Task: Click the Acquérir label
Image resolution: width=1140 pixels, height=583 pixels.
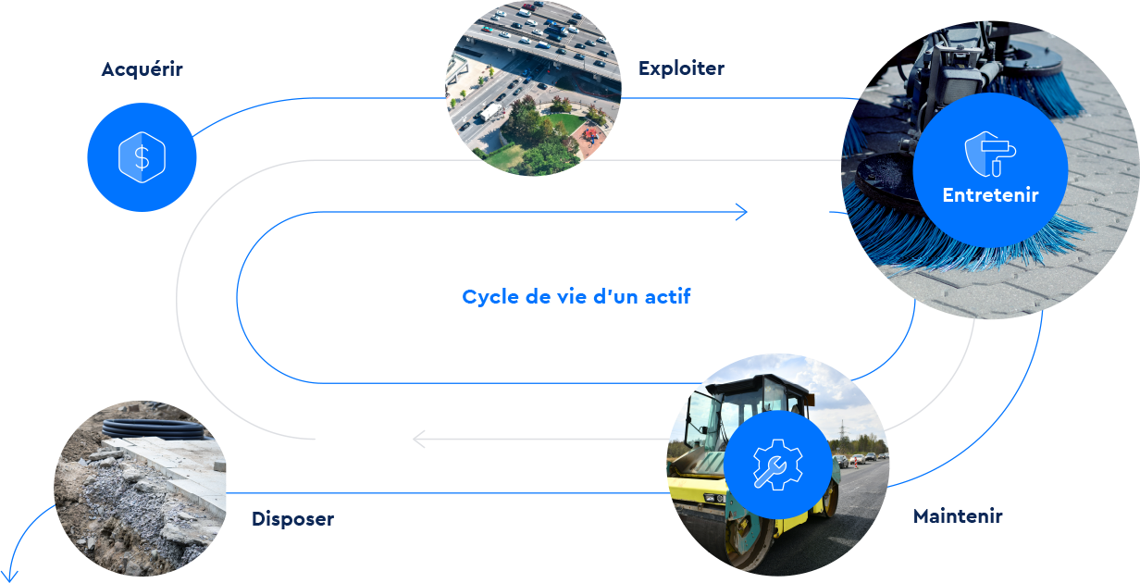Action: pyautogui.click(x=142, y=69)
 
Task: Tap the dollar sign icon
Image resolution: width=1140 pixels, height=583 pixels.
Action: pyautogui.click(x=142, y=158)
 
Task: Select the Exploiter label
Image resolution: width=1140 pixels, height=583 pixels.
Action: pyautogui.click(x=681, y=68)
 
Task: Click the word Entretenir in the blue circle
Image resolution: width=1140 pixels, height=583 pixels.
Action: pyautogui.click(x=990, y=195)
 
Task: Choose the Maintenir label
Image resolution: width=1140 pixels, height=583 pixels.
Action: pyautogui.click(x=958, y=516)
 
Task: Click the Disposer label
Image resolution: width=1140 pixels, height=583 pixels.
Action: pyautogui.click(x=292, y=519)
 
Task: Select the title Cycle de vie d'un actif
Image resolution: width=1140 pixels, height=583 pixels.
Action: pyautogui.click(x=576, y=297)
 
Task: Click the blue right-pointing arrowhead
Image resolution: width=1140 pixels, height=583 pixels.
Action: pyautogui.click(x=741, y=213)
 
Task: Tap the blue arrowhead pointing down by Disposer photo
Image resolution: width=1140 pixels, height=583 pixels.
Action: pyautogui.click(x=10, y=574)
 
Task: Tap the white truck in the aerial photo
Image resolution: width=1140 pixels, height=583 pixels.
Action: pyautogui.click(x=490, y=112)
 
